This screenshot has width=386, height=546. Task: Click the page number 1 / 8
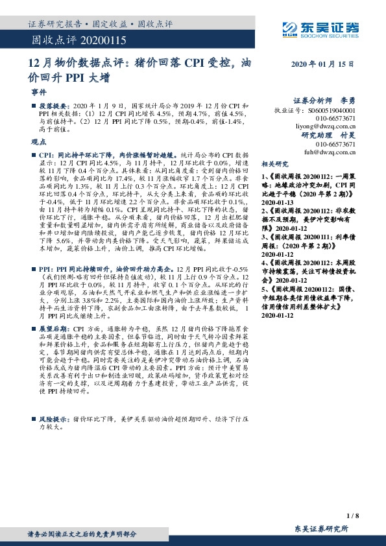(x=352, y=516)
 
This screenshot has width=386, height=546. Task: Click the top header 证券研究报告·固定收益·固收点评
(x=100, y=24)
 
